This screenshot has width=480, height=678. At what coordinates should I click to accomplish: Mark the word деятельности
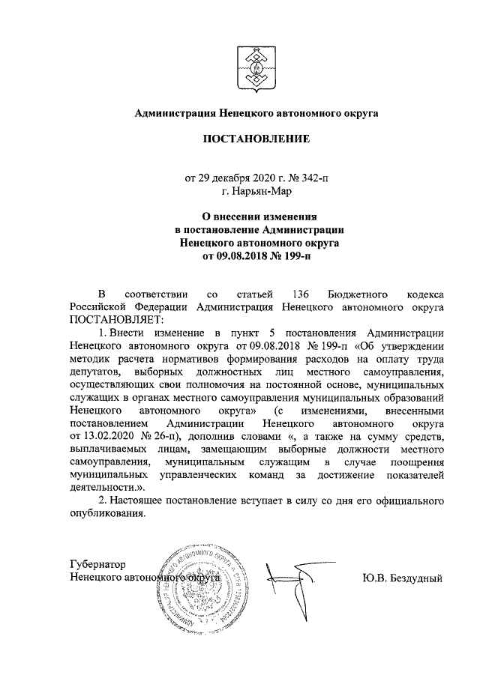(x=99, y=491)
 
